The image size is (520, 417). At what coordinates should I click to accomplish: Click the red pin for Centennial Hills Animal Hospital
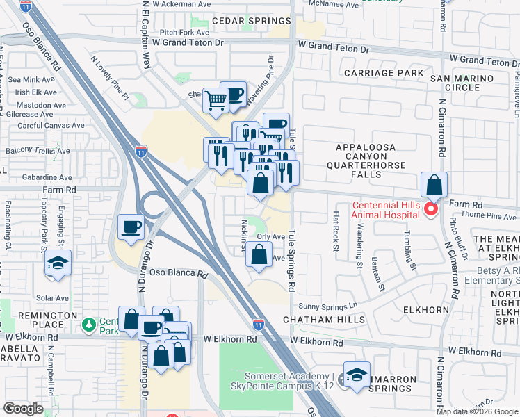[x=430, y=208]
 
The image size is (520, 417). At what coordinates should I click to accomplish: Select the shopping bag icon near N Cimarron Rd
[x=434, y=186]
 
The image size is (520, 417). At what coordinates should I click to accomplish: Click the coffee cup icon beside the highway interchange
[x=131, y=227]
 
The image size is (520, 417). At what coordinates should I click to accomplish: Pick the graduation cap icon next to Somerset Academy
[x=356, y=375]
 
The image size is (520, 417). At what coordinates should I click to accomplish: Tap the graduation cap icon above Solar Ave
[x=58, y=263]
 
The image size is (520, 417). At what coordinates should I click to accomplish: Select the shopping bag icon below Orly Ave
[x=259, y=256]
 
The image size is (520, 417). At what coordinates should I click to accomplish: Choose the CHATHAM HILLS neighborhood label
[x=324, y=320]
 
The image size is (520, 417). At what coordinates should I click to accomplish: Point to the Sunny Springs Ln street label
[x=327, y=306]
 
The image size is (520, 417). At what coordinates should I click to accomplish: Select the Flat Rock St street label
[x=336, y=227]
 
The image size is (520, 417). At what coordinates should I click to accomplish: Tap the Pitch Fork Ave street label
[x=184, y=32]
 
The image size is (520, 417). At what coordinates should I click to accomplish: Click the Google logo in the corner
[x=24, y=409]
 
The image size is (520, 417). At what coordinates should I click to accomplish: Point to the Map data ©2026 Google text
[x=478, y=411]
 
